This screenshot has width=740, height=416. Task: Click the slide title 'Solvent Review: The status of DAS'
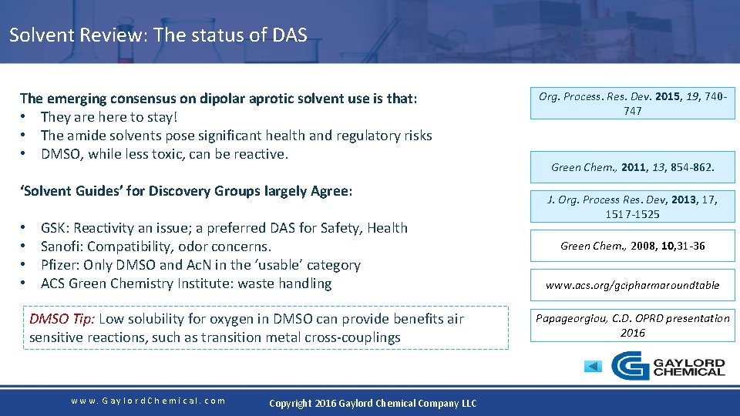158,35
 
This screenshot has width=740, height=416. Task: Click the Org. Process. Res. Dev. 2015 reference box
632,103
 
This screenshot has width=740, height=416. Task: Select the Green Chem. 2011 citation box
632,166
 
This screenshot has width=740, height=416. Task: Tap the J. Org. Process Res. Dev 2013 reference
632,206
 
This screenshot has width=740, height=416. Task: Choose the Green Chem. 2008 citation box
632,246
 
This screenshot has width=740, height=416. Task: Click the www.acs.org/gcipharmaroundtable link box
632,285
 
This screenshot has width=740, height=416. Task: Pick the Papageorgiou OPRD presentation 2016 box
632,325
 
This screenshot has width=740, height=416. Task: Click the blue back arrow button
592,366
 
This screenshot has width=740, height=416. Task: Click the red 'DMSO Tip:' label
62,319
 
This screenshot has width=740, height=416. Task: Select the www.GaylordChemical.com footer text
148,401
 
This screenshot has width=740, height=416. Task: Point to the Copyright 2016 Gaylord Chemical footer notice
372,403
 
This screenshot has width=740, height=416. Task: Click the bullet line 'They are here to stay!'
109,117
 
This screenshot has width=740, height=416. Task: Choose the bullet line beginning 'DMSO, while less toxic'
164,154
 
